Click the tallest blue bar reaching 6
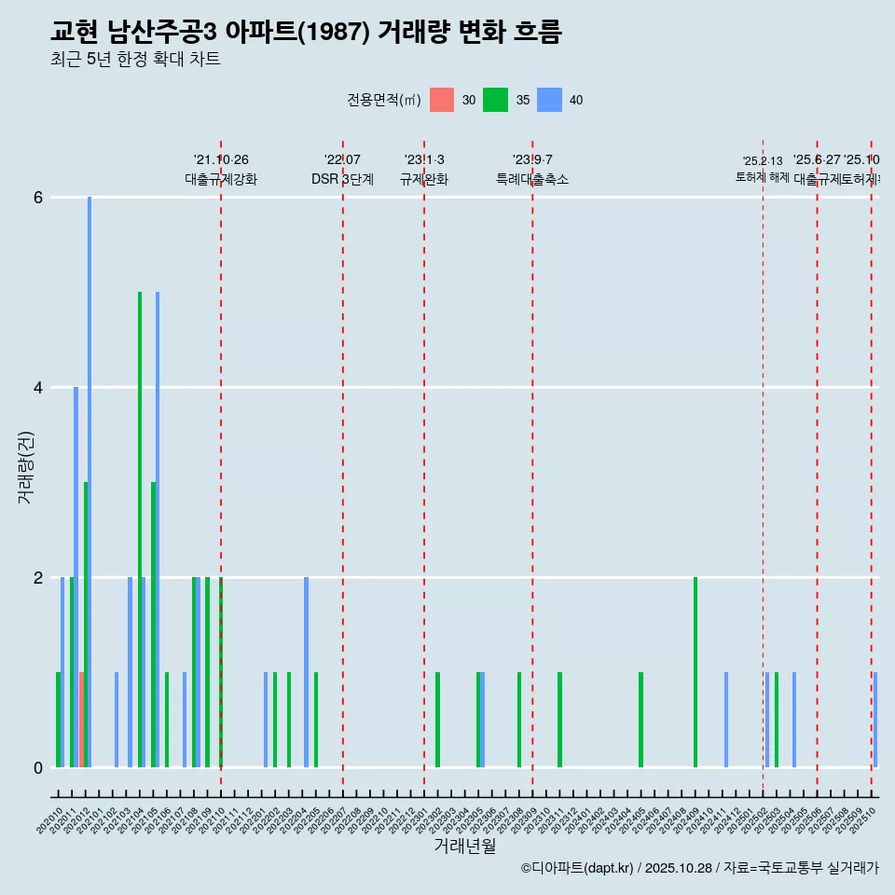(89, 481)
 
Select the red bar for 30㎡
(82, 720)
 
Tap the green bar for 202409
(695, 672)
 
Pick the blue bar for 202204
(306, 672)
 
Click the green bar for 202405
(640, 720)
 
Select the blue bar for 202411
(726, 720)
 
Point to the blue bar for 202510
(874, 720)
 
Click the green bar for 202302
(437, 720)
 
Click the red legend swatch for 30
(442, 100)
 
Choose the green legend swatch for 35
(495, 100)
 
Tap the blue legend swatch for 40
(549, 100)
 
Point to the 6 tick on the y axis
(38, 198)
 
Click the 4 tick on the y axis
(38, 388)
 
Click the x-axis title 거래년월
(464, 846)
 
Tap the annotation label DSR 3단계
(342, 179)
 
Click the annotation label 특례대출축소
(532, 179)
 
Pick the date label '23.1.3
(424, 160)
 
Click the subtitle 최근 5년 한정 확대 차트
(135, 60)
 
